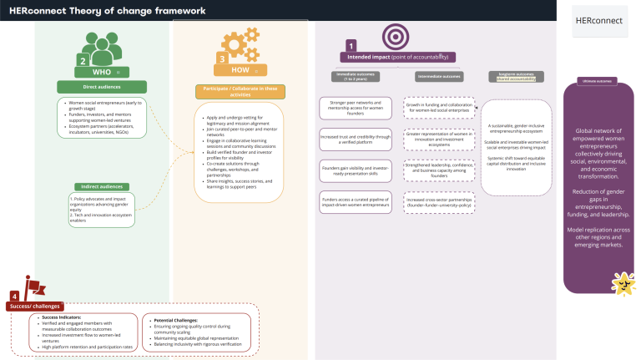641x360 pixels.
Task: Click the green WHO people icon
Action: pos(100,48)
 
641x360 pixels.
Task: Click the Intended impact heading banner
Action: pos(397,57)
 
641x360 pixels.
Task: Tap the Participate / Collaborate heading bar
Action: pos(240,90)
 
